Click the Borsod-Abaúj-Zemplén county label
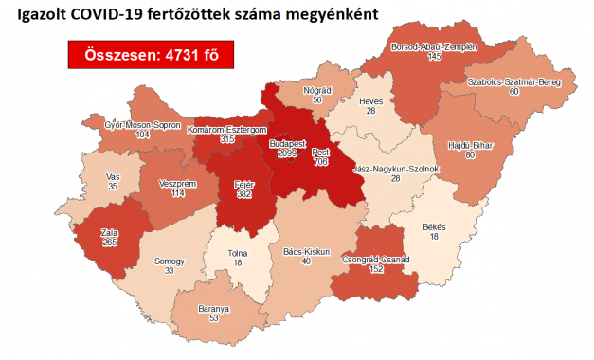click(434, 45)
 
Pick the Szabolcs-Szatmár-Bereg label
click(514, 82)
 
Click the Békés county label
click(432, 227)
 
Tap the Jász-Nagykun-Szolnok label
click(395, 169)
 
